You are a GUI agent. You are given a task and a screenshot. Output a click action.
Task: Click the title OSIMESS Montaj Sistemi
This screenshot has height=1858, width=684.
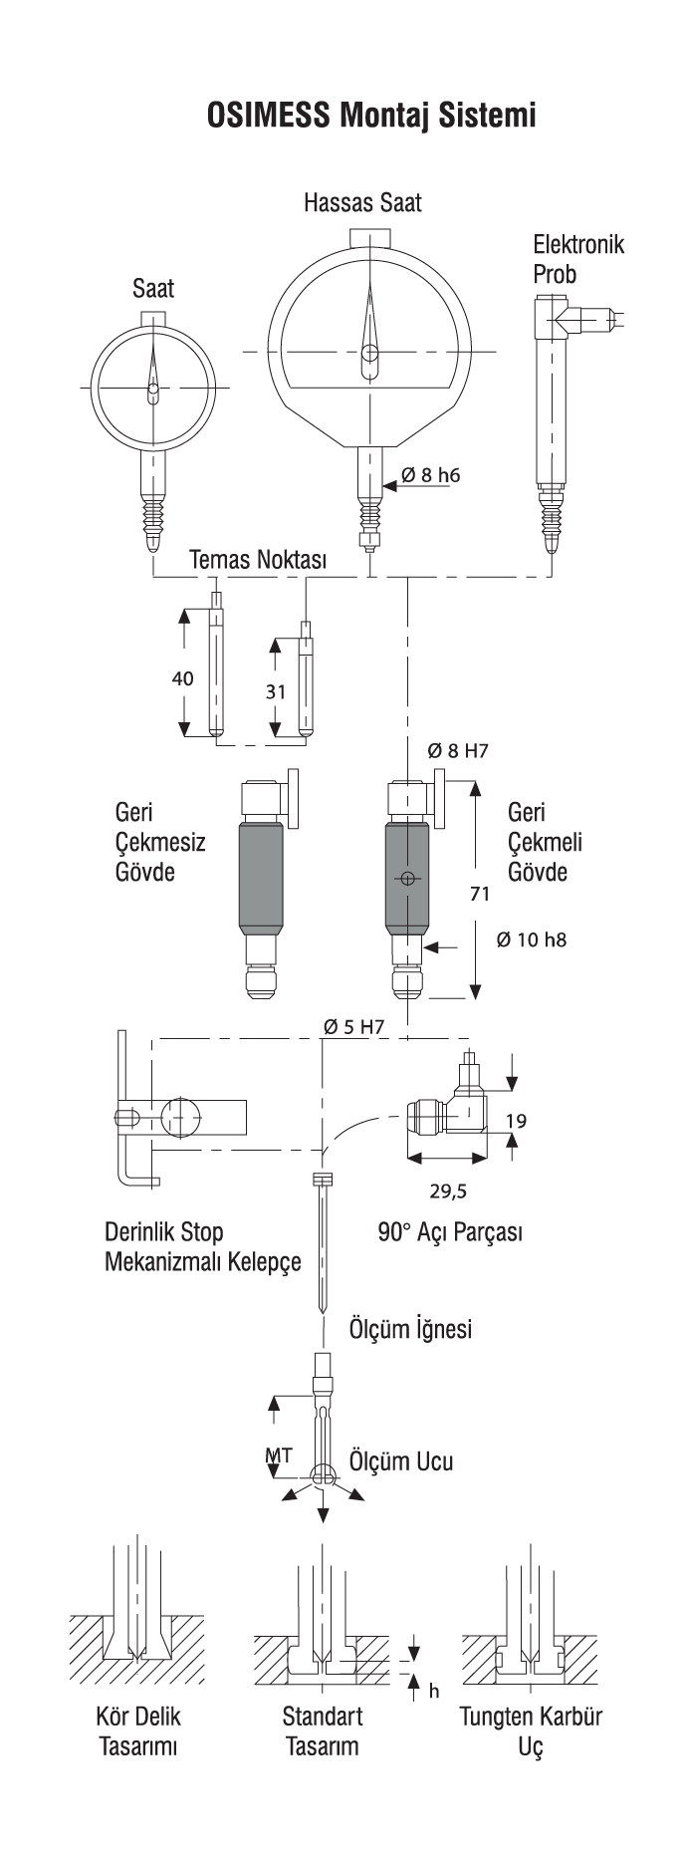(x=371, y=114)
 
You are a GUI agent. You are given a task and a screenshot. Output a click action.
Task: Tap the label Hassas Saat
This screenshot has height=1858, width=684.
(x=362, y=203)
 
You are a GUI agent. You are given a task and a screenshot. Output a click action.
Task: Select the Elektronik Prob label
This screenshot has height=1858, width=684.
(x=578, y=258)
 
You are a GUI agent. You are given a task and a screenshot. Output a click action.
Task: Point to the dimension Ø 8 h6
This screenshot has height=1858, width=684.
(x=430, y=475)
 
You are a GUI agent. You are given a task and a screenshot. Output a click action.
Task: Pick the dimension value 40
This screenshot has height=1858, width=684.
(x=183, y=678)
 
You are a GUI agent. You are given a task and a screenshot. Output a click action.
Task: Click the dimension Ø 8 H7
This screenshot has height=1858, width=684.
(x=458, y=751)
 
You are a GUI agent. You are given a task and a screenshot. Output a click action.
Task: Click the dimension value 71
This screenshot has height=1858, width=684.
(x=479, y=894)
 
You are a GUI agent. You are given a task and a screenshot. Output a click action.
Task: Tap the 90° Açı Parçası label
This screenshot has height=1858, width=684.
(x=450, y=1232)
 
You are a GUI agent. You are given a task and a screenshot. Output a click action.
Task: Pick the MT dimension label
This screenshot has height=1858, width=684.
(x=279, y=1455)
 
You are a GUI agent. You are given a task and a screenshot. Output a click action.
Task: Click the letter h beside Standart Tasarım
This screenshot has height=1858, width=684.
(x=433, y=1691)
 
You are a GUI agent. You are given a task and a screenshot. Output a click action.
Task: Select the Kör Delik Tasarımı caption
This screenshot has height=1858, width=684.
(x=138, y=1731)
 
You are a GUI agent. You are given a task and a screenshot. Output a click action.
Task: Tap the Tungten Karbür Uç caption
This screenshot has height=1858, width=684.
(x=531, y=1731)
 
